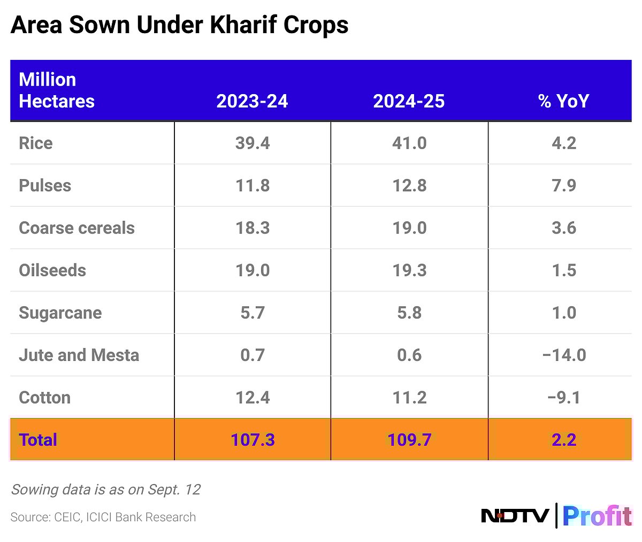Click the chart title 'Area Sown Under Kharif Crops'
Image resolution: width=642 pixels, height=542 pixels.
(x=179, y=25)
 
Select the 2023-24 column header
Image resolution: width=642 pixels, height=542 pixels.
(x=252, y=101)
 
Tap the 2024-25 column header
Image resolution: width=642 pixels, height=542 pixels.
(x=409, y=101)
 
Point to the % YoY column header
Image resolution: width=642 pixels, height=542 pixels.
(x=563, y=101)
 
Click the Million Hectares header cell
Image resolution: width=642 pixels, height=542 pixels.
(x=57, y=90)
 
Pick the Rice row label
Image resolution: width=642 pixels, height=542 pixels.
(x=36, y=143)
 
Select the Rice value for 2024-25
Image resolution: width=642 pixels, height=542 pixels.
(x=409, y=143)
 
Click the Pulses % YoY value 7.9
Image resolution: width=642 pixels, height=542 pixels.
(x=564, y=185)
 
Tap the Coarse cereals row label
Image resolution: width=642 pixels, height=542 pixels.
(x=77, y=228)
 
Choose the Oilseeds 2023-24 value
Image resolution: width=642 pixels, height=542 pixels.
(x=253, y=270)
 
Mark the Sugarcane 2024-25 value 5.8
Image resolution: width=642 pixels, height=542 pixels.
(x=409, y=313)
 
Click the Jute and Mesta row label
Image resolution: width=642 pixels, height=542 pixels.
(x=79, y=355)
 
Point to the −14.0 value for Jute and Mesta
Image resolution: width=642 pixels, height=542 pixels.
(x=564, y=355)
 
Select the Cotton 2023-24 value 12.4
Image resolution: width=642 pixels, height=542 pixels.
(x=253, y=398)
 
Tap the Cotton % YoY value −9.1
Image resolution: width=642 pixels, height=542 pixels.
(x=564, y=398)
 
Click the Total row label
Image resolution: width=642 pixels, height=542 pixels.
(x=38, y=440)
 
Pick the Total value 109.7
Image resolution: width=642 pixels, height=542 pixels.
(x=409, y=440)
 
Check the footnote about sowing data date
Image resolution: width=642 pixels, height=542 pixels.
(x=105, y=490)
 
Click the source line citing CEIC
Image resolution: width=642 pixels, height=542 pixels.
(x=103, y=517)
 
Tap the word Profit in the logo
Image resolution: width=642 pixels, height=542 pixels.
(x=597, y=516)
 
